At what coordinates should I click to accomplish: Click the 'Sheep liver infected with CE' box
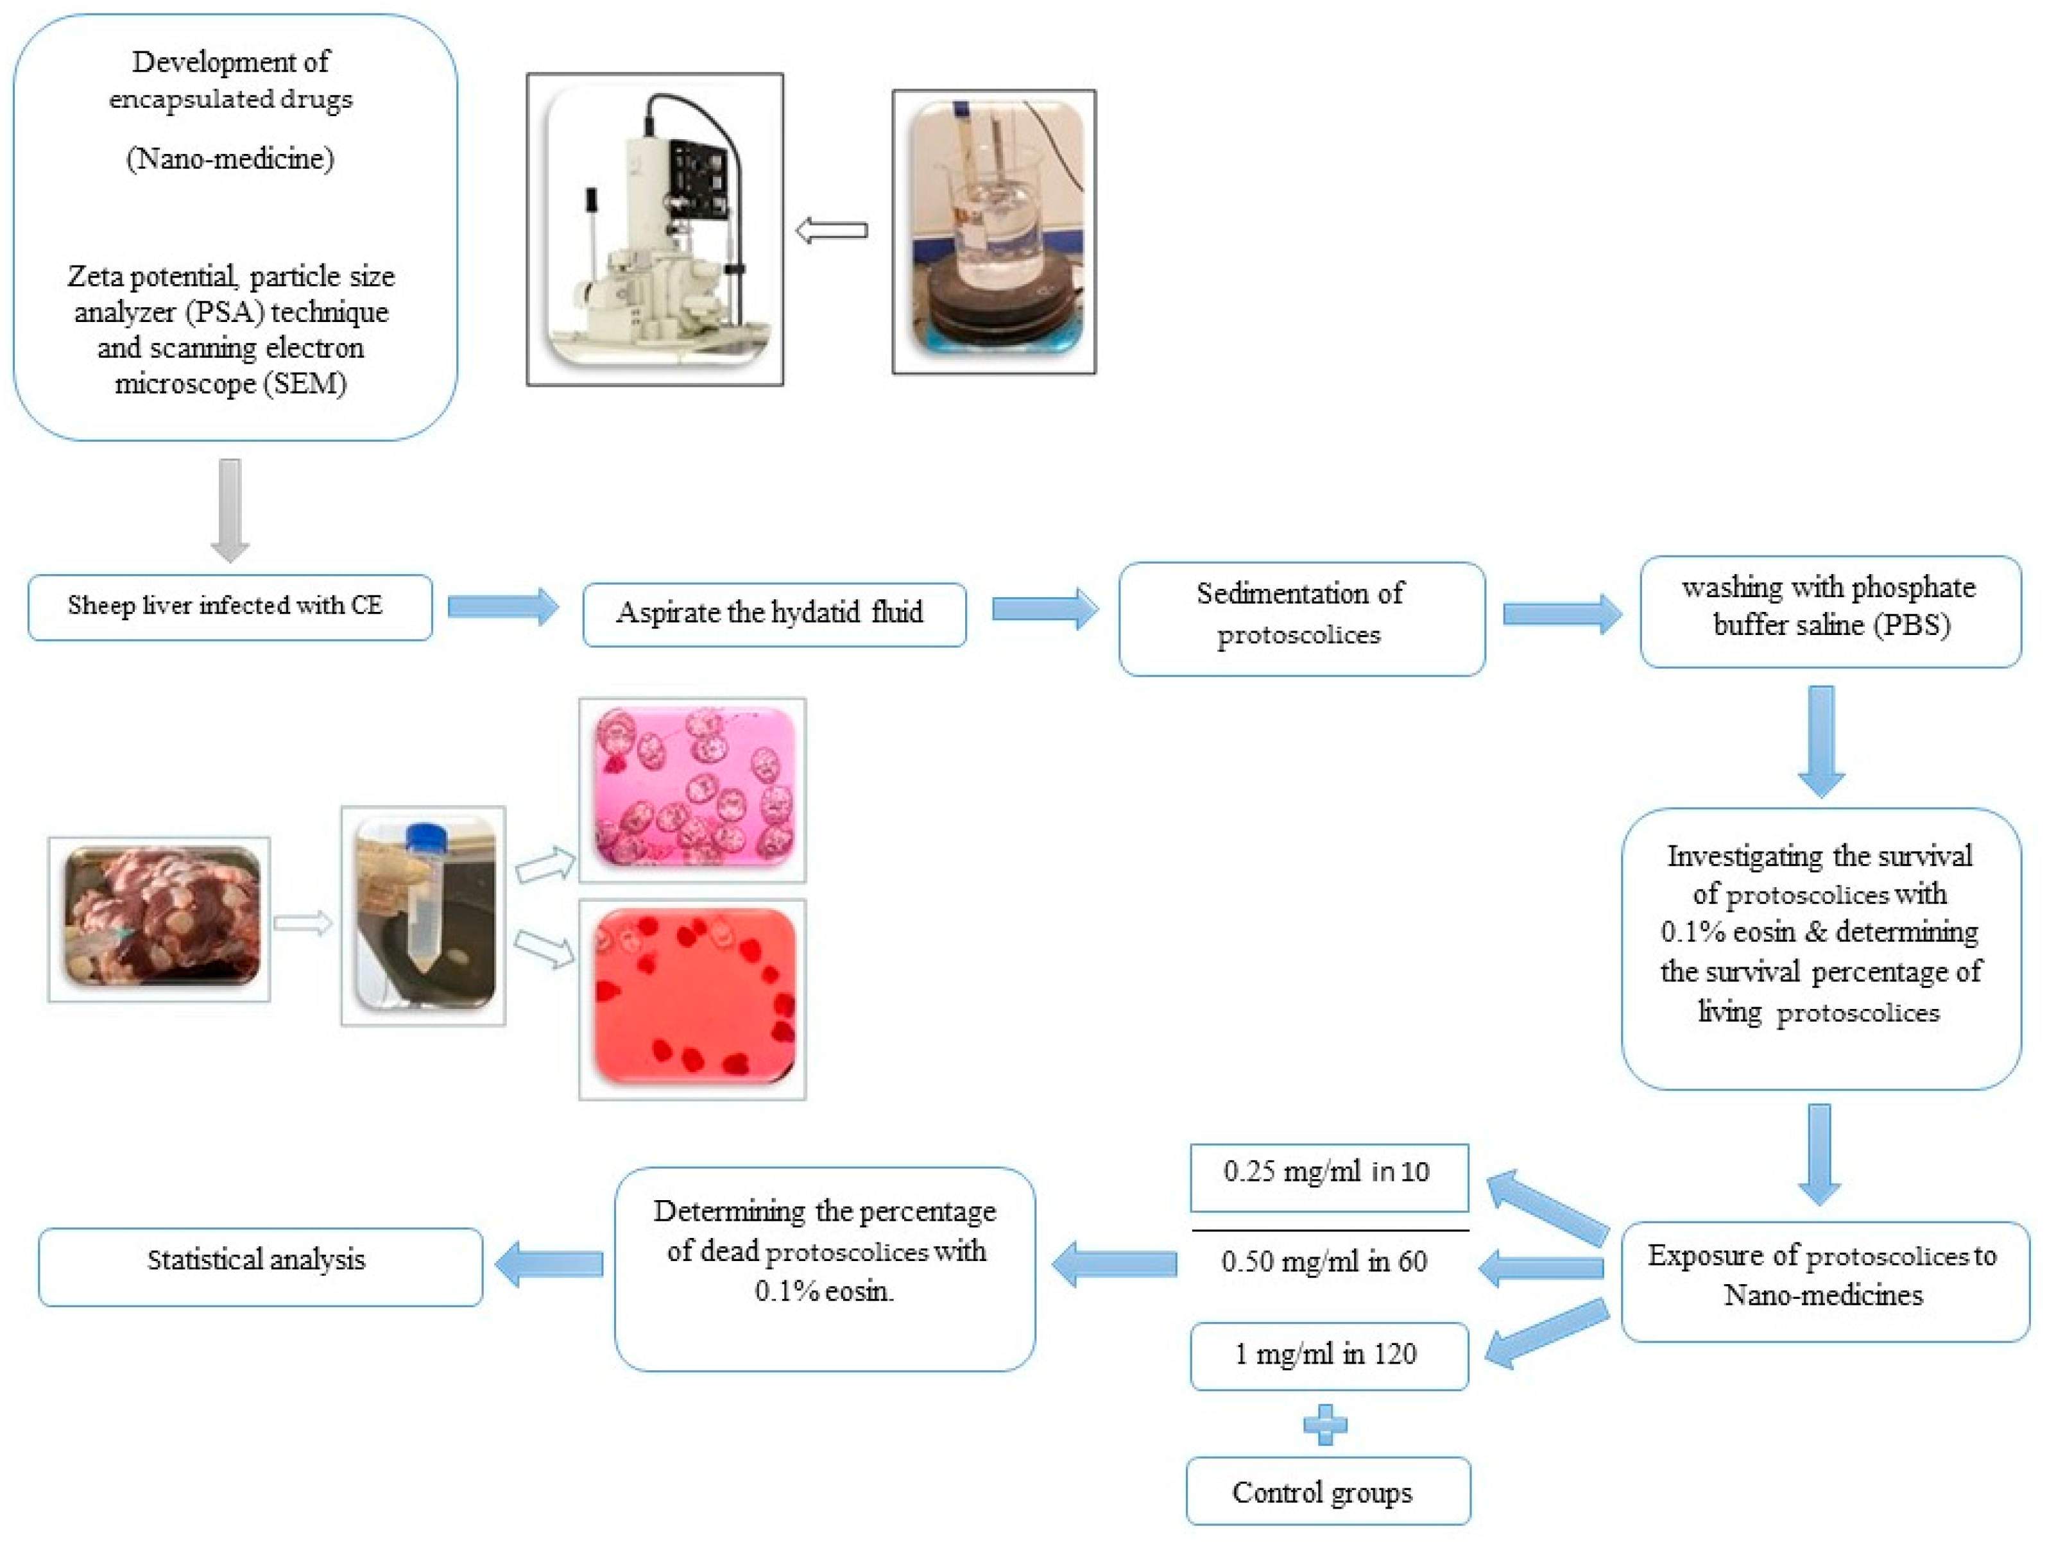[x=230, y=607]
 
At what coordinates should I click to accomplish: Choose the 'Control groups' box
[x=1328, y=1489]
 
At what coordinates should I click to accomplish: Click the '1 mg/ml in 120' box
[x=1329, y=1355]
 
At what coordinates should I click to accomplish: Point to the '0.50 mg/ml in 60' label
[x=1324, y=1261]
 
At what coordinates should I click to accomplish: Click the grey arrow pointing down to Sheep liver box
[x=230, y=510]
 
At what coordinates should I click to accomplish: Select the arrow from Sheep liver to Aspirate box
[x=504, y=607]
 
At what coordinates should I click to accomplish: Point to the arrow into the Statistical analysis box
[x=549, y=1264]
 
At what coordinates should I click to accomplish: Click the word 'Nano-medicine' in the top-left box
[x=230, y=159]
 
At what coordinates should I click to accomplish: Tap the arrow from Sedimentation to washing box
[x=1562, y=614]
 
